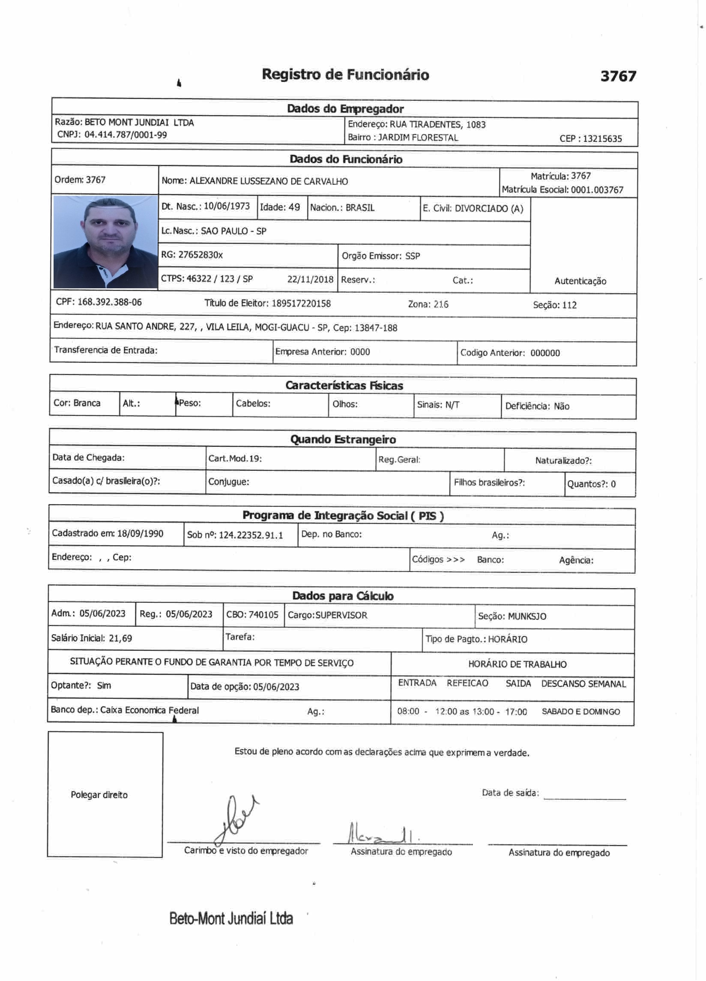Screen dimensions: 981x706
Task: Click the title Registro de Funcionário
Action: point(345,75)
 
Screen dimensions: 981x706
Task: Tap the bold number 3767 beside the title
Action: point(618,76)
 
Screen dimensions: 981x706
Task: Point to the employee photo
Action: point(105,242)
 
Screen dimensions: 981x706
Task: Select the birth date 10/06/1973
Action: point(227,206)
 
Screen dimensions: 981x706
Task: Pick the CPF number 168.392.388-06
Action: point(109,302)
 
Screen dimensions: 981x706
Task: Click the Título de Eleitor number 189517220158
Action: point(301,304)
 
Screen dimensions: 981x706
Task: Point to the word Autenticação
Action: point(580,281)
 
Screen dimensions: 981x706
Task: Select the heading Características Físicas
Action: point(344,386)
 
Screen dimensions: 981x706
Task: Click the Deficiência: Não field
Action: point(537,406)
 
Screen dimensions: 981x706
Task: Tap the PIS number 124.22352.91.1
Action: point(251,535)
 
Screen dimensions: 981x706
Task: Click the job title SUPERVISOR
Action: point(341,615)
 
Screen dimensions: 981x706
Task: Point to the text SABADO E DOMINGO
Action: point(580,712)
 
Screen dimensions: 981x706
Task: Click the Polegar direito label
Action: point(99,795)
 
